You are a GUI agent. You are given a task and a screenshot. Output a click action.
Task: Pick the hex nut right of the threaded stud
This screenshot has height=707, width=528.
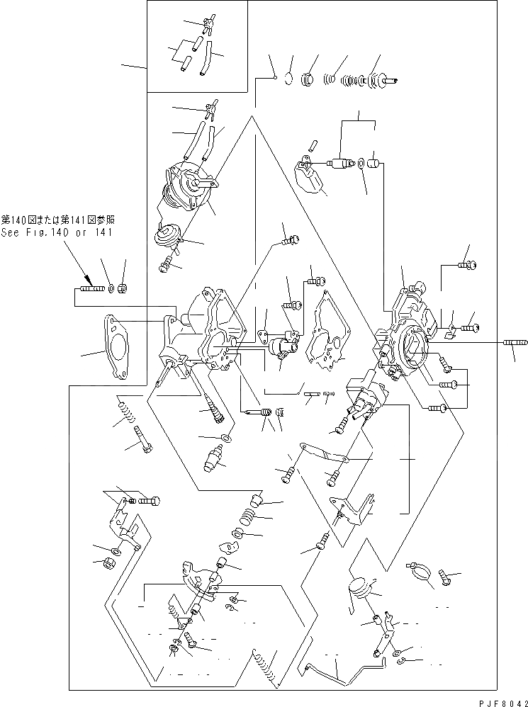point(121,288)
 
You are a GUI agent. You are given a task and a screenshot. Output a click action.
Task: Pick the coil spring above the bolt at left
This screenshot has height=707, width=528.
point(125,410)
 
